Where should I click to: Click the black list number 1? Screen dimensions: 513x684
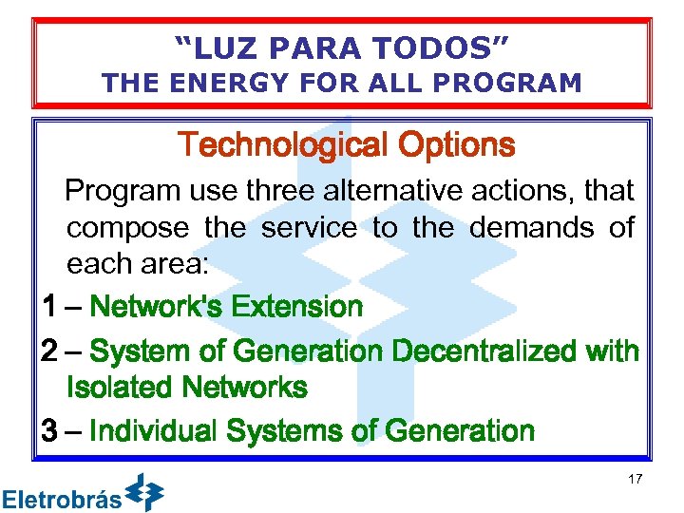[49, 307]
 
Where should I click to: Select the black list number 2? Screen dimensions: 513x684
[50, 351]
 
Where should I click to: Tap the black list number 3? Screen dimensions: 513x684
[50, 431]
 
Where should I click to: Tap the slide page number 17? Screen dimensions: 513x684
[635, 479]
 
